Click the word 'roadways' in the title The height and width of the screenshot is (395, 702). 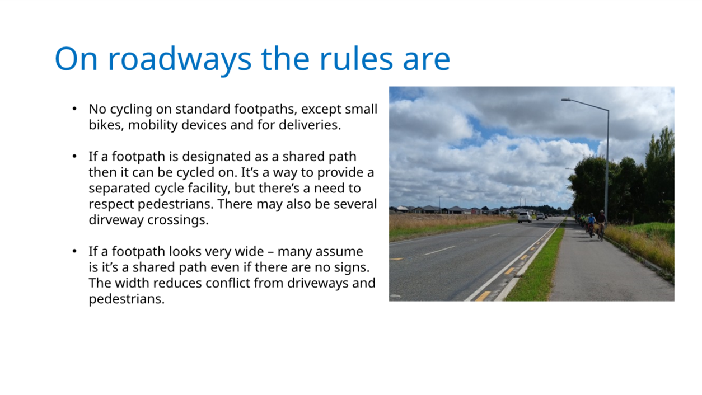click(180, 59)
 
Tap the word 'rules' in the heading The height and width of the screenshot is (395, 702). click(356, 59)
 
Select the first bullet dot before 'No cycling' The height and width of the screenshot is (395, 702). click(74, 109)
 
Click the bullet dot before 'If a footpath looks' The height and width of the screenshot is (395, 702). click(74, 251)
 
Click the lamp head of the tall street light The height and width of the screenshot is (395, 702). click(565, 100)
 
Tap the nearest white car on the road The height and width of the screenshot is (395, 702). click(525, 217)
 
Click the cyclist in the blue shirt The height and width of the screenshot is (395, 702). click(591, 224)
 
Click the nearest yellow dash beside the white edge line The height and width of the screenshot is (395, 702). click(483, 296)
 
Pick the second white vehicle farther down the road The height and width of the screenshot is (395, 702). click(540, 216)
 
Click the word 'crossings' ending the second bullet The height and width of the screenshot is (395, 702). click(176, 220)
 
